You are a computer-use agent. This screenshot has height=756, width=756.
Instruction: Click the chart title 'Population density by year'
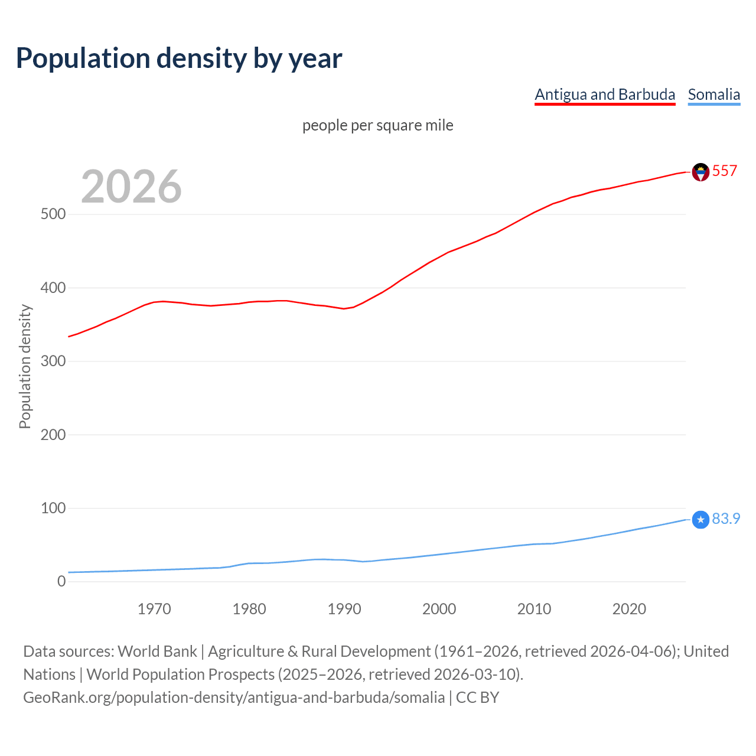tap(179, 58)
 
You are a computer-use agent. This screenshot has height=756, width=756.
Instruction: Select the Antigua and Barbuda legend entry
tap(605, 94)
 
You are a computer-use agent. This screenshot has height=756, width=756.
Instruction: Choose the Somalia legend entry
tap(713, 94)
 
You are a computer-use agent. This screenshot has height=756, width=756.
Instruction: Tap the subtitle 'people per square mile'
tap(377, 125)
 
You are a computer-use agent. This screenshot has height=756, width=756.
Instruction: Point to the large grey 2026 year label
tap(131, 187)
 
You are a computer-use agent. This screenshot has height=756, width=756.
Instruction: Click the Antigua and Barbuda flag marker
tap(700, 172)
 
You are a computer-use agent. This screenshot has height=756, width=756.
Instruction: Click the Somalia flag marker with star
tap(700, 520)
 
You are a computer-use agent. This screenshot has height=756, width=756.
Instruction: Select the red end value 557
tap(724, 171)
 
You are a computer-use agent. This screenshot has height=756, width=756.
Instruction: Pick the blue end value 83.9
tap(726, 519)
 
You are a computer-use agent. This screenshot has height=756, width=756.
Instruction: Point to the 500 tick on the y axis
tap(53, 214)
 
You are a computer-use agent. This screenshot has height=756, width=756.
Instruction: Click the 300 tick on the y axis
tap(53, 361)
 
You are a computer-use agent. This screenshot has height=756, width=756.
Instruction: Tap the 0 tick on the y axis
tap(61, 581)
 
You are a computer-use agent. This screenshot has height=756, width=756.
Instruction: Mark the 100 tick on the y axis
tap(53, 508)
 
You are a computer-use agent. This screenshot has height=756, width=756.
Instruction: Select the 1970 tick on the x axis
tap(154, 609)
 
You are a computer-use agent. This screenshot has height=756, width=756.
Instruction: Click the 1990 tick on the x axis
tap(344, 609)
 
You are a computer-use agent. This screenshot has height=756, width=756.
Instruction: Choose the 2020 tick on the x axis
tap(629, 609)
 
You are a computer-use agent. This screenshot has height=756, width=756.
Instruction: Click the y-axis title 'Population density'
tap(25, 366)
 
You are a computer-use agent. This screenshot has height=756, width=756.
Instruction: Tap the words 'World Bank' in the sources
tap(157, 651)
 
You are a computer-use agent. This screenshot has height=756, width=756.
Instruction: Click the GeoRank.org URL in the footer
tap(234, 698)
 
